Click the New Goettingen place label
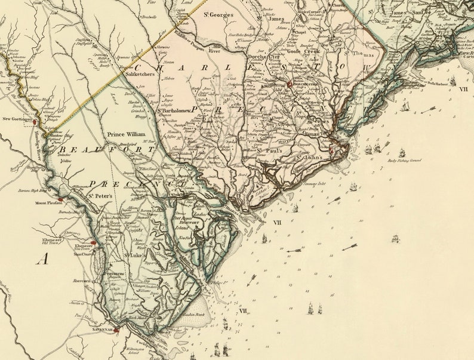coord(16,119)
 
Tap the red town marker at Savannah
coord(117,329)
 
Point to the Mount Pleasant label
coord(48,203)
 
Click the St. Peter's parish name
coord(101,195)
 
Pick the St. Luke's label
coord(135,256)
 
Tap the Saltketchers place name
coord(141,74)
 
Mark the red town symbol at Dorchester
coord(289,84)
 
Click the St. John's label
coord(309,158)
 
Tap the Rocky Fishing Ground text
coord(404,161)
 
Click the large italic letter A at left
coord(42,259)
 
